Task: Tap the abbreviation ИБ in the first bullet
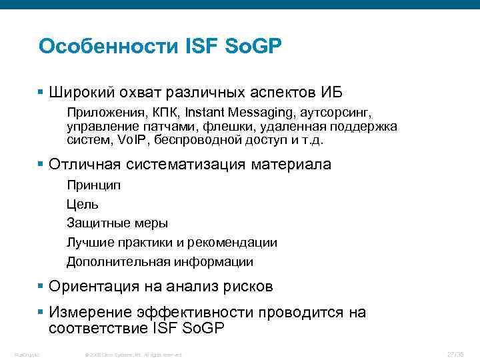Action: [331, 91]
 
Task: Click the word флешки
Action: [223, 127]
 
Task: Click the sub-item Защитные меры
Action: [117, 223]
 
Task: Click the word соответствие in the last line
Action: [98, 327]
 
